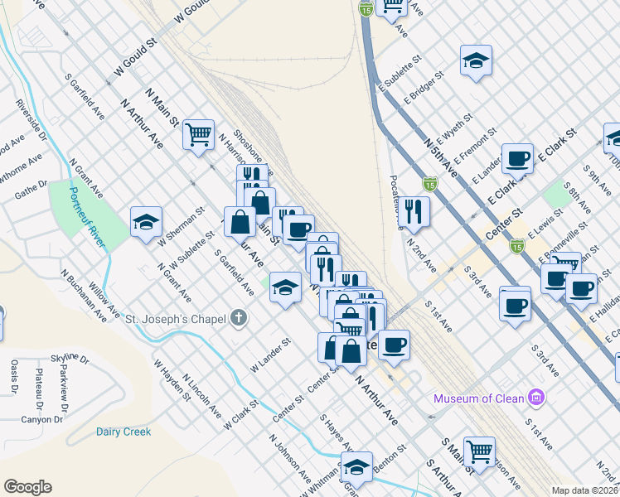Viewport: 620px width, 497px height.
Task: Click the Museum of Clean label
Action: pos(479,398)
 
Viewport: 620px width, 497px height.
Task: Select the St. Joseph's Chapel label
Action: pos(175,317)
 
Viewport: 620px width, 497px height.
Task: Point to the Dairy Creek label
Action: pos(124,432)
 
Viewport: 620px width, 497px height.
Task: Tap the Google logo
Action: pos(27,487)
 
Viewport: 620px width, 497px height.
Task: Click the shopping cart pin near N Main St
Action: pos(199,133)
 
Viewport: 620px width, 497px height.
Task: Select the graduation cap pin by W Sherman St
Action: pos(146,222)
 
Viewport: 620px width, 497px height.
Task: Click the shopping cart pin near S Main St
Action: pos(479,451)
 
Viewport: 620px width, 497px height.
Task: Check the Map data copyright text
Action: pos(584,490)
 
